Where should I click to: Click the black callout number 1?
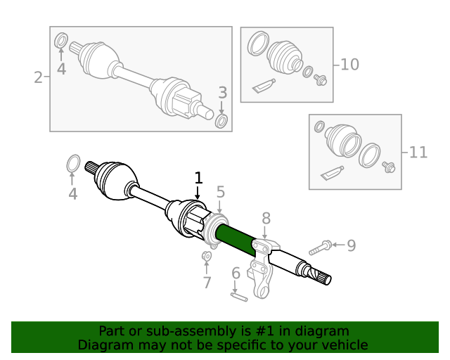click(198, 178)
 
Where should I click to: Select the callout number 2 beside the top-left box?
click(39, 77)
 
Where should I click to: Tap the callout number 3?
click(222, 92)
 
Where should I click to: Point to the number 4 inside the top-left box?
click(61, 69)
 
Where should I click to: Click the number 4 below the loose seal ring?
click(72, 193)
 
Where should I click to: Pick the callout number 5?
click(220, 191)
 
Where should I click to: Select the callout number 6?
click(236, 274)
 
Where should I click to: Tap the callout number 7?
click(207, 283)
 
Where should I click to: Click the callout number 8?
click(266, 218)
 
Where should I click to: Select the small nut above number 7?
click(207, 256)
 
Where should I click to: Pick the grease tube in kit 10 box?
click(264, 86)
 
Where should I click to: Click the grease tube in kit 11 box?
click(332, 171)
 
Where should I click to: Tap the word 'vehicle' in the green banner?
click(343, 345)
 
